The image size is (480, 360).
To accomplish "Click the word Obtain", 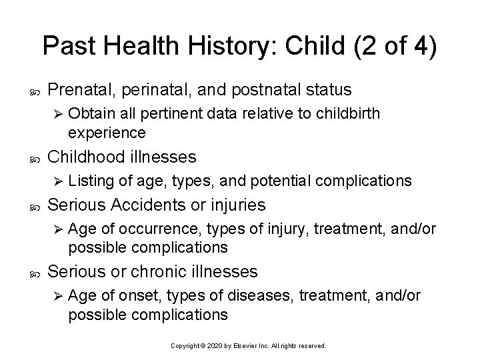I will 89,113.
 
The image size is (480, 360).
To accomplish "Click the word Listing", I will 90,181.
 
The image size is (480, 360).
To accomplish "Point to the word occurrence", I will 145,229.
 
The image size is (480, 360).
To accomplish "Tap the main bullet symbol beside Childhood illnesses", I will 35,157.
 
